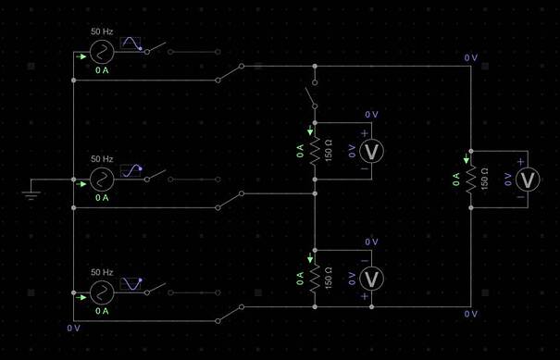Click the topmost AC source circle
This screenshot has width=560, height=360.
102,52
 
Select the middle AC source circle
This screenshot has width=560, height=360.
102,180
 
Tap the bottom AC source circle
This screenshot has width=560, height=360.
102,292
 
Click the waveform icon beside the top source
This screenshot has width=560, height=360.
131,43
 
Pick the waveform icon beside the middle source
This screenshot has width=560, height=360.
131,170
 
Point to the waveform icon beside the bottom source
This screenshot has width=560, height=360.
131,284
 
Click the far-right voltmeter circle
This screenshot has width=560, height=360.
528,180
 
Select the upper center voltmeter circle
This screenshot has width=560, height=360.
371,151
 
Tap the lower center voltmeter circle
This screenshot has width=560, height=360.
371,279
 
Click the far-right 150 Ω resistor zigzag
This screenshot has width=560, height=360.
471,180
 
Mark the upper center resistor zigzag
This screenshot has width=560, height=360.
315,151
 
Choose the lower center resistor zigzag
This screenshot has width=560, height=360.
315,279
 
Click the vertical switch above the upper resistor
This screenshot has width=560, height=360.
311,95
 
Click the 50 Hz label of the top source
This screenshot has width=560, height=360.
102,31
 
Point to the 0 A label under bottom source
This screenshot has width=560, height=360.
102,311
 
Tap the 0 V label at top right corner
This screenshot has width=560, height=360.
471,58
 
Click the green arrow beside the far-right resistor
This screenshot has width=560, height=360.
467,159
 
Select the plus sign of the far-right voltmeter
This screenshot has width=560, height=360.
521,162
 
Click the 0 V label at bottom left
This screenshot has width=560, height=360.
73,329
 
